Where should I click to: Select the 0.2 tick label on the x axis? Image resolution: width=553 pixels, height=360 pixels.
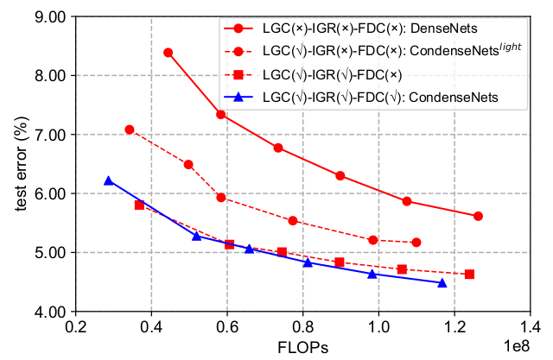(75, 328)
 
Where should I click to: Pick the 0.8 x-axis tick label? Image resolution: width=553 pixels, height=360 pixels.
(303, 328)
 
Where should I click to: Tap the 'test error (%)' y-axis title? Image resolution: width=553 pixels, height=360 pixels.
(12, 164)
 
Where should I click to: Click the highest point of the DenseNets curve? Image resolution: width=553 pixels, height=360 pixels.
(168, 53)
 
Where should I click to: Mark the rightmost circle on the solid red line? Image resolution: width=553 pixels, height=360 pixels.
(478, 216)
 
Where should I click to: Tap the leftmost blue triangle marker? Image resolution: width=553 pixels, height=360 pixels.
(109, 180)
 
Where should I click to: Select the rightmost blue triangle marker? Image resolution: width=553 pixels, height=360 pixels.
(442, 282)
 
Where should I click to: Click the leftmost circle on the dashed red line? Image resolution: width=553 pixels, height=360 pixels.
(130, 129)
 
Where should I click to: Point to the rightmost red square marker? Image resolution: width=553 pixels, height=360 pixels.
(469, 275)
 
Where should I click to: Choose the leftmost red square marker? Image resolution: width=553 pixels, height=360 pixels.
(139, 205)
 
